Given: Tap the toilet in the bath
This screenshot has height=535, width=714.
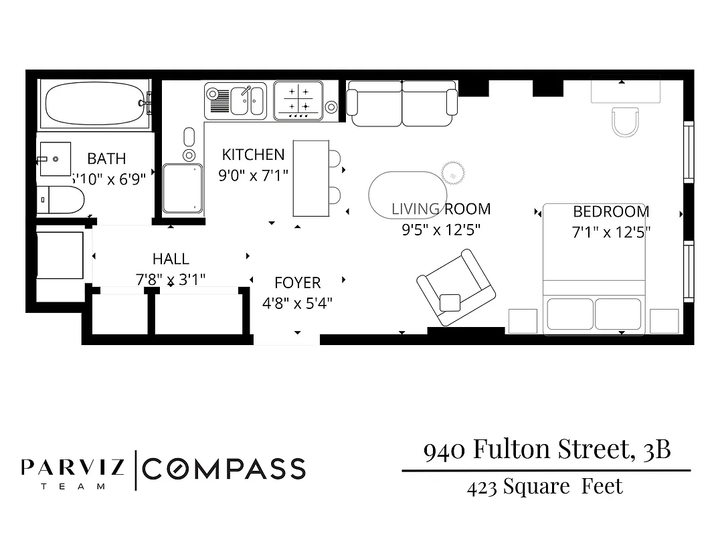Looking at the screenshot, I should click(x=63, y=199).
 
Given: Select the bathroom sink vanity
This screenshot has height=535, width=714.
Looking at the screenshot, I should click(x=55, y=159).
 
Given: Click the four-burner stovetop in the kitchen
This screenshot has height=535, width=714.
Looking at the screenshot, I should click(x=298, y=100).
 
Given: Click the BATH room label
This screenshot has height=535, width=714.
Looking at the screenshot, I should click(x=106, y=158).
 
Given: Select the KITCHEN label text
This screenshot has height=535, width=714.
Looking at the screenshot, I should click(x=253, y=154).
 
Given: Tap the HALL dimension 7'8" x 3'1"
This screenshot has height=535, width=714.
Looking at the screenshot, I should click(x=171, y=279).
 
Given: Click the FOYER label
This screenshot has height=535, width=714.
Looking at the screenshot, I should click(x=297, y=282).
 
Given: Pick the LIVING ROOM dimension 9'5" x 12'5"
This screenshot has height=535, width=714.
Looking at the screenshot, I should click(x=440, y=230).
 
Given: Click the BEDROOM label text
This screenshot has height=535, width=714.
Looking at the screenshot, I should click(x=611, y=212).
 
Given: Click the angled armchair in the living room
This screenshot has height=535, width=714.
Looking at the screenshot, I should click(x=456, y=288).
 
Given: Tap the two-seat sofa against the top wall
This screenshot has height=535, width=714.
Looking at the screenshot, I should click(x=402, y=103).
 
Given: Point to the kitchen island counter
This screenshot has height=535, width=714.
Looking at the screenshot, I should click(x=311, y=178).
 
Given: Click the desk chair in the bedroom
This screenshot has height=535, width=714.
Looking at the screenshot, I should click(x=626, y=121).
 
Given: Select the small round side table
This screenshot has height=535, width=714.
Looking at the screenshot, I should click(x=453, y=172).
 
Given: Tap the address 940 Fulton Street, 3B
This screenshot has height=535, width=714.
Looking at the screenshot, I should click(x=547, y=449).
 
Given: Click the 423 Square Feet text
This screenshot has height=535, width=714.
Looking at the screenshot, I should click(x=545, y=486).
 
